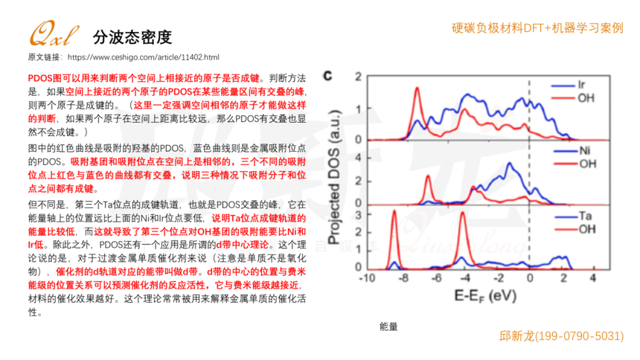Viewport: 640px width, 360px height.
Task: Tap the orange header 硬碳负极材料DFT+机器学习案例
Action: tap(537, 28)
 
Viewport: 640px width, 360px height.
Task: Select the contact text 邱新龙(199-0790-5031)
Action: tap(561, 336)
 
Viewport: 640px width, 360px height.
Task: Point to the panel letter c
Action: tap(328, 76)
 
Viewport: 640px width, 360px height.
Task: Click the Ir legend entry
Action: tap(582, 86)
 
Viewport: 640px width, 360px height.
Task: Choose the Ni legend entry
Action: tap(583, 152)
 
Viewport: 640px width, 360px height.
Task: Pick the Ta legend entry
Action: tap(583, 216)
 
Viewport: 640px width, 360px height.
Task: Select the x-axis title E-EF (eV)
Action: tap(484, 295)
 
